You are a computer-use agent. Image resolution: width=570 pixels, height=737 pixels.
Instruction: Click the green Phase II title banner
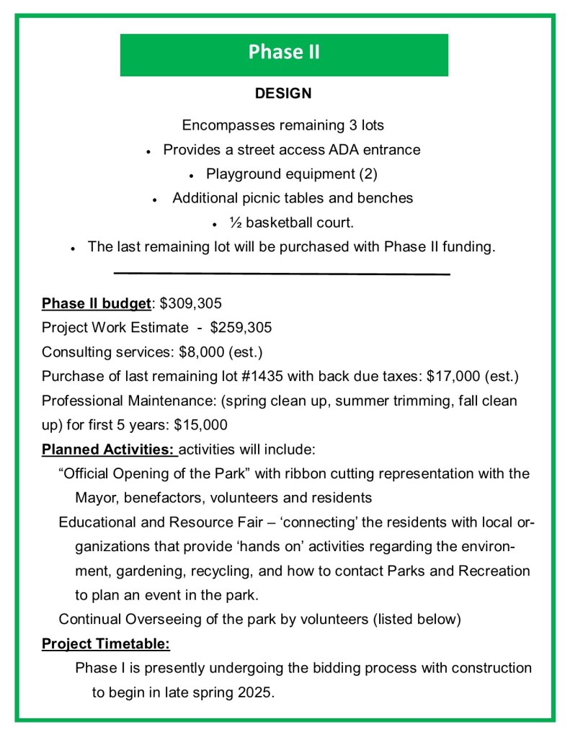coord(284,54)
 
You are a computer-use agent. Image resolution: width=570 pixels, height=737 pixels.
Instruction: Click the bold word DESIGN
coord(283,94)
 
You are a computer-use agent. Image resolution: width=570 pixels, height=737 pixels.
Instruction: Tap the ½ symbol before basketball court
coord(235,223)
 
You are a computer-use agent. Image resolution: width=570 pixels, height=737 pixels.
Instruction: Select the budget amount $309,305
coord(191,303)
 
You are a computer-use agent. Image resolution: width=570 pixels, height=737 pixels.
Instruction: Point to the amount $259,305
coord(241,328)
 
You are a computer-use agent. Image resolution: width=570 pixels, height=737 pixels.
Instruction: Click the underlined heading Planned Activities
coord(108,450)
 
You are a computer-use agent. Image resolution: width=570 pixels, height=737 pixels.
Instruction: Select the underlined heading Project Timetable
coord(105,643)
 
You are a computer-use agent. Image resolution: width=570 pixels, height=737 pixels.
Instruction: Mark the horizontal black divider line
coord(282,274)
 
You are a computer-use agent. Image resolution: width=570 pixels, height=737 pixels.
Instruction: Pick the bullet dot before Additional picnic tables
coord(155,200)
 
